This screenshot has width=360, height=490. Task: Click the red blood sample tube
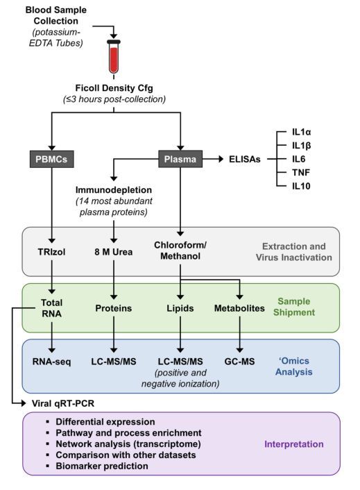point(114,56)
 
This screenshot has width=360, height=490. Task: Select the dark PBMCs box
point(52,159)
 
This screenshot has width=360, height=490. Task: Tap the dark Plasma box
point(180,159)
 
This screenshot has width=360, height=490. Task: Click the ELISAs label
point(244,159)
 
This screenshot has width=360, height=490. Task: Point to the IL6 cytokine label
point(298,159)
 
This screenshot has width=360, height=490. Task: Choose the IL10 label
point(301,186)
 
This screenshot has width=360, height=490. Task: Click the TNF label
point(301,173)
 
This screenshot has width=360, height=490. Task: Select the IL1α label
point(301,132)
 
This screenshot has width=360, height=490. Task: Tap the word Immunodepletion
point(114,190)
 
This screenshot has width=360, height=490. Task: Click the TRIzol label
point(51,252)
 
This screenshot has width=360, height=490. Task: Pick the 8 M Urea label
point(114,252)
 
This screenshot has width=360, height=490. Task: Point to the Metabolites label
point(239,308)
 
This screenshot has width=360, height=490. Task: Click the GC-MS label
point(239,362)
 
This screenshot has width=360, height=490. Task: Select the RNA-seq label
point(52,362)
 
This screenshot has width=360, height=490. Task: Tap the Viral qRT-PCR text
point(63,403)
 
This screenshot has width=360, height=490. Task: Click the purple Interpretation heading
point(294,444)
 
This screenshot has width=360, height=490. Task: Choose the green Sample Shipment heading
point(294,307)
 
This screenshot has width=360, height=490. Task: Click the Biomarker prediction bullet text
point(102,466)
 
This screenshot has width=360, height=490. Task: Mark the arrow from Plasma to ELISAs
point(213,159)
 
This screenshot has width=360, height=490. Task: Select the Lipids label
point(180,308)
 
